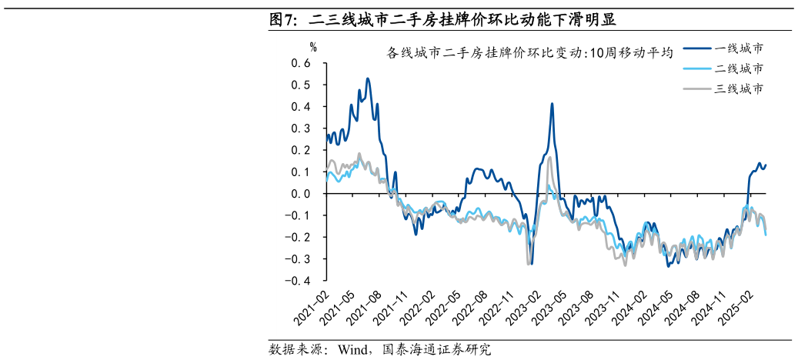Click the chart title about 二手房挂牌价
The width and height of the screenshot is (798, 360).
(530, 53)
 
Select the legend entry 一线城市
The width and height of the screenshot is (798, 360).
(740, 48)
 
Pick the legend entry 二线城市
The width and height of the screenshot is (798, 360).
(740, 68)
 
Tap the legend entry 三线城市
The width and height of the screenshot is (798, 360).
(740, 89)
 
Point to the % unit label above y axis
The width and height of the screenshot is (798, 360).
(313, 47)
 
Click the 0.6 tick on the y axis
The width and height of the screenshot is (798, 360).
(300, 63)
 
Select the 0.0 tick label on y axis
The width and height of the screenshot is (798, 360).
(300, 194)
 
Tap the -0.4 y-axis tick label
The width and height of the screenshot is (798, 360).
(297, 281)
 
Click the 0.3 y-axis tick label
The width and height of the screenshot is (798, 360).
(300, 128)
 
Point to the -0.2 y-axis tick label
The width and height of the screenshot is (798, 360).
(297, 237)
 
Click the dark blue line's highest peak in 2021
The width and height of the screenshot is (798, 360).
(368, 78)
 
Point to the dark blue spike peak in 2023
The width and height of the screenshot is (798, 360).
(552, 103)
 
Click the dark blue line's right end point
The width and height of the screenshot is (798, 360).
(766, 165)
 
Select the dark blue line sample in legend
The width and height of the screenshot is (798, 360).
(696, 48)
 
